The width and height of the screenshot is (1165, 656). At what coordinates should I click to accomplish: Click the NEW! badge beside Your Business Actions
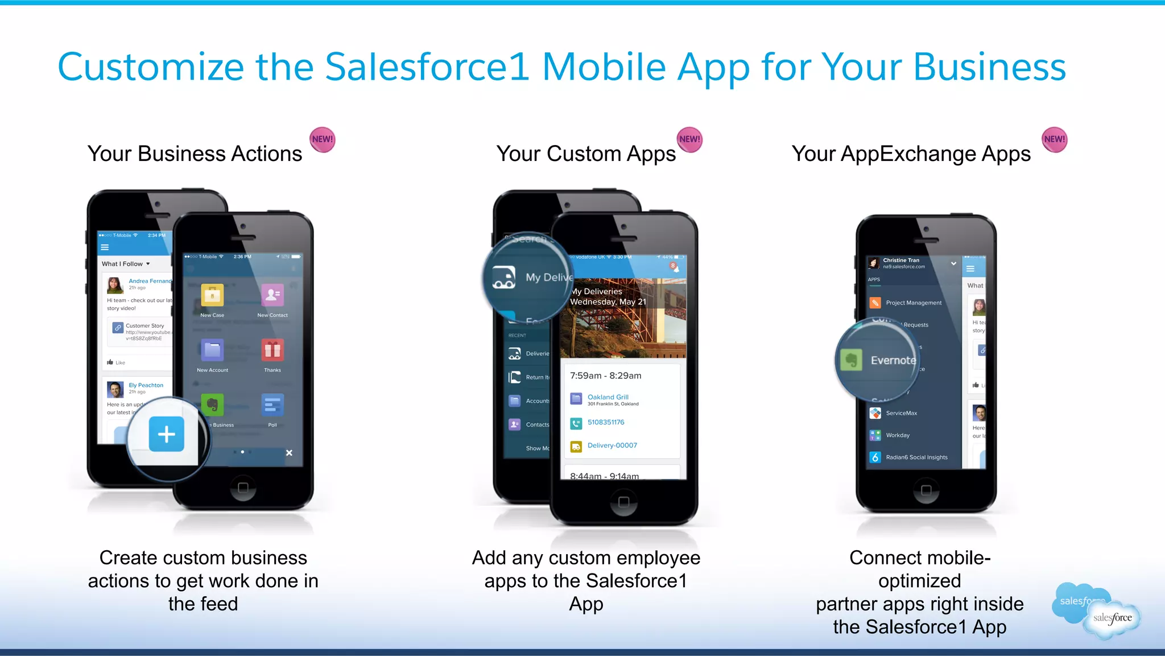tap(323, 140)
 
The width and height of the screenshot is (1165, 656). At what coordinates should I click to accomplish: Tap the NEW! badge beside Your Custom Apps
tap(689, 140)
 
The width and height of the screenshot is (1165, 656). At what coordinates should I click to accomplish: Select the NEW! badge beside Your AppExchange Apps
tap(1054, 140)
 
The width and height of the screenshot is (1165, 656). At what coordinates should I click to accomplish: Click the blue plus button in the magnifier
tap(166, 434)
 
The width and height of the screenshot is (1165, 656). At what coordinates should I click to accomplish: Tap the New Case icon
tap(212, 295)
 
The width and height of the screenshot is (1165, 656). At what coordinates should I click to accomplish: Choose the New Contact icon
tap(272, 295)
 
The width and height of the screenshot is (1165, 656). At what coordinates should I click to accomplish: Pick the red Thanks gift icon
tap(272, 350)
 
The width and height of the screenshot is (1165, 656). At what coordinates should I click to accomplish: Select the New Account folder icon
tap(212, 350)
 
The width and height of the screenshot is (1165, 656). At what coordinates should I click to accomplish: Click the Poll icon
tap(272, 405)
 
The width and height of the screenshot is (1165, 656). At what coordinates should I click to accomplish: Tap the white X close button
tap(289, 453)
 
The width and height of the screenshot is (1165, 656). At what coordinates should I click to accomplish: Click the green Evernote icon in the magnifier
tap(852, 360)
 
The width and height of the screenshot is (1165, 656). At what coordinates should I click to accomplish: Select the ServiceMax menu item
tap(901, 413)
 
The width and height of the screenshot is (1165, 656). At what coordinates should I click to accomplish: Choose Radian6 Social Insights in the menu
tap(916, 457)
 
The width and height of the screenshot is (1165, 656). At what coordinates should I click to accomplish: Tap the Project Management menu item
tap(913, 303)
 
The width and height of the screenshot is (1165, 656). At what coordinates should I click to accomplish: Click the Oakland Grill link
tap(608, 397)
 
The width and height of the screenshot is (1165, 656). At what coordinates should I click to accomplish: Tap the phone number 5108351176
tap(606, 422)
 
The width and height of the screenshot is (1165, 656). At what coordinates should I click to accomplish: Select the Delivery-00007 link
tap(612, 445)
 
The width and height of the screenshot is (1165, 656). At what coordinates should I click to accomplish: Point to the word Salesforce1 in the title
tap(427, 67)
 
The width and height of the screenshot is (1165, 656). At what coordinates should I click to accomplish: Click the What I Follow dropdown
tap(126, 264)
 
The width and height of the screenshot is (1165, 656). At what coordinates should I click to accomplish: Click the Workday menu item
tap(897, 435)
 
